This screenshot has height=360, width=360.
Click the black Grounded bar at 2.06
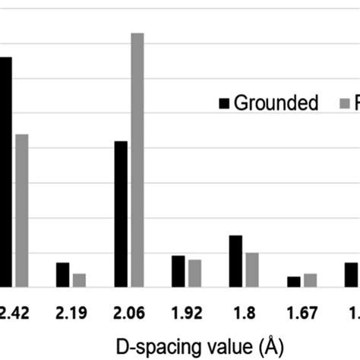(121, 213)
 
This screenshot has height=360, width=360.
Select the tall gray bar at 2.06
(137, 159)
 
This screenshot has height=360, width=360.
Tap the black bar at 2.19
(62, 274)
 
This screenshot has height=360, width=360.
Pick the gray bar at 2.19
(79, 279)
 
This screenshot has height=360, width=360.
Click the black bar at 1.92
(178, 271)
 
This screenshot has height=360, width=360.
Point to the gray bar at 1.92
(195, 273)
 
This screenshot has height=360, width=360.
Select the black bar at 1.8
(235, 261)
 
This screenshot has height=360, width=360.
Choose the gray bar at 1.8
(252, 270)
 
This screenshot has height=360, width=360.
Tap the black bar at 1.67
(293, 281)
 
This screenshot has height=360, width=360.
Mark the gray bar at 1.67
(310, 279)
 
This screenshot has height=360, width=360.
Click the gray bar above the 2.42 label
(21, 210)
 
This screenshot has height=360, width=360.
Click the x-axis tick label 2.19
(70, 311)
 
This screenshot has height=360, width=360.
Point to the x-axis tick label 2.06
(128, 311)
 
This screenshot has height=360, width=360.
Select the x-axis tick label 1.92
(187, 311)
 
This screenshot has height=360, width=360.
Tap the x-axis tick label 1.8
(244, 311)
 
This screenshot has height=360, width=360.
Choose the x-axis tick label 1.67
(302, 311)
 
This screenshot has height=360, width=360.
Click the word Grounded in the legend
(276, 104)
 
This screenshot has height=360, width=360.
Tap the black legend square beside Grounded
(224, 104)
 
